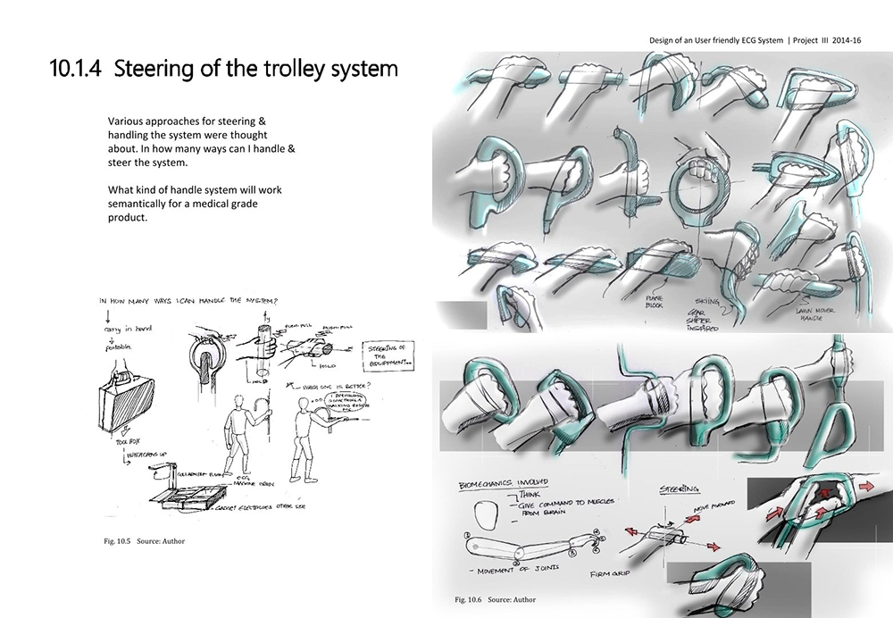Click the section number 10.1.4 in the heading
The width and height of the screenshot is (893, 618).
[78, 69]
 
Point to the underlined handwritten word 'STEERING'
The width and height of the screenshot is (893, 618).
[679, 489]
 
